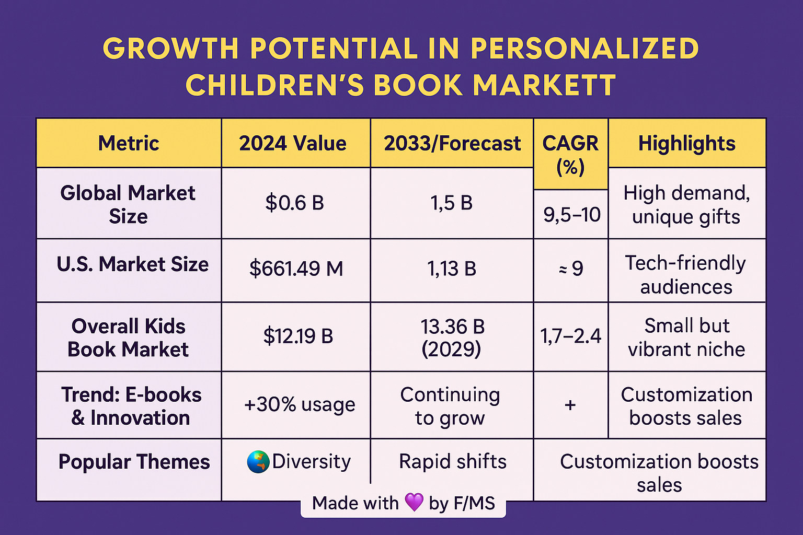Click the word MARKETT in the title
(545, 85)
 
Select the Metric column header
(129, 143)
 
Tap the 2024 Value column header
(293, 143)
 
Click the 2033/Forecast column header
(452, 143)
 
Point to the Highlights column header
(686, 143)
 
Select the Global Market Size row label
(128, 204)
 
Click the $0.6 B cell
(294, 203)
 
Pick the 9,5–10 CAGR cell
(571, 215)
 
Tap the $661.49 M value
(296, 269)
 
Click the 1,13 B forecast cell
(452, 269)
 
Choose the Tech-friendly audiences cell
(686, 275)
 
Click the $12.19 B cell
(298, 336)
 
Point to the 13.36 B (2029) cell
(452, 337)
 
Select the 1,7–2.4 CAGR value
(571, 336)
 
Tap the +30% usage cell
(299, 404)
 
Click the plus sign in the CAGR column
(570, 404)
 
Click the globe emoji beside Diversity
(258, 462)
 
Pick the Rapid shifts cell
(452, 461)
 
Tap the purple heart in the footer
(414, 503)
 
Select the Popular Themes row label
(134, 462)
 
